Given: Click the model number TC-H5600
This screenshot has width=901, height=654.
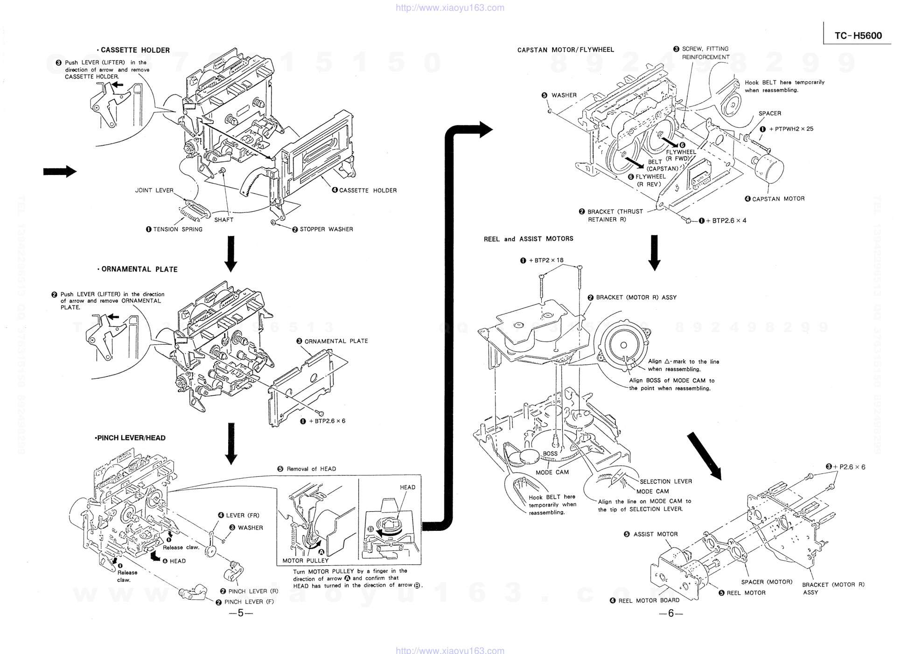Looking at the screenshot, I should coord(858,36).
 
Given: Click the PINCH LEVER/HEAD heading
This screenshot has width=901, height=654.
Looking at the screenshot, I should coord(130,438).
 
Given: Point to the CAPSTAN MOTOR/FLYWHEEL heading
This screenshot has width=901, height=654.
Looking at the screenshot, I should coord(566,50).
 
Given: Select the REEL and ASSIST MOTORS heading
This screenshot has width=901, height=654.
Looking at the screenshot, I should coord(528,239).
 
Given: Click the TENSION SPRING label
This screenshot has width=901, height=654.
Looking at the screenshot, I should coord(177,230).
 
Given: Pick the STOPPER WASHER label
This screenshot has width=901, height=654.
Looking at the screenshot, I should coord(326,230).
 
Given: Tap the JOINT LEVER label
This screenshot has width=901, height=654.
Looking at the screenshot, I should coord(154,190).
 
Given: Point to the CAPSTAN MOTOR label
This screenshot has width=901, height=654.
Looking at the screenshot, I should coord(778,199).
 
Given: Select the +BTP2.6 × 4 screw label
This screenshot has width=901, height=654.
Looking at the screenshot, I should coord(726,221).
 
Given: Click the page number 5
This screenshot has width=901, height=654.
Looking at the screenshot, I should coord(241,613).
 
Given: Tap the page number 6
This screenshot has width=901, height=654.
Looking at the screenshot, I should coord(671,613).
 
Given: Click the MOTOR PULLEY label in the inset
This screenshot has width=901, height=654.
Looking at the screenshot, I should coord(306,561).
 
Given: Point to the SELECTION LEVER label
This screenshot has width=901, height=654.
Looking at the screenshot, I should coord(665,482).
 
